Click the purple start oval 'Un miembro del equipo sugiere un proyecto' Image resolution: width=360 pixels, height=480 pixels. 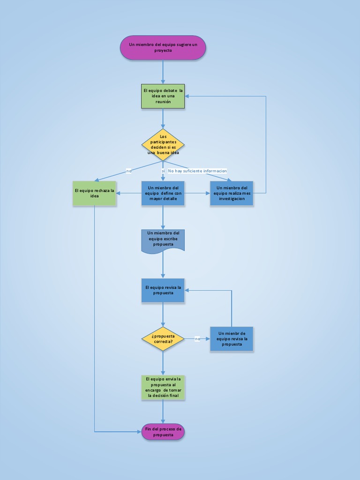163,47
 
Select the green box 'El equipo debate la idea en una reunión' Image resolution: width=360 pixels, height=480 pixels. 163,96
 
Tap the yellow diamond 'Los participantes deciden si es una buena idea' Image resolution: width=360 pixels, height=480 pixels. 163,145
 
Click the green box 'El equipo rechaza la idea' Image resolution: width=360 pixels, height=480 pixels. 94,193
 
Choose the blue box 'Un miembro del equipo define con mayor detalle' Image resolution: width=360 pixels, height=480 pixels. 163,193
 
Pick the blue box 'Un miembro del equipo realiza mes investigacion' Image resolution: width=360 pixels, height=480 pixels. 232,193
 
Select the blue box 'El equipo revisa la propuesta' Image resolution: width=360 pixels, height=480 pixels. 163,290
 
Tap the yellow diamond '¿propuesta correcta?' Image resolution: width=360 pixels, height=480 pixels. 163,339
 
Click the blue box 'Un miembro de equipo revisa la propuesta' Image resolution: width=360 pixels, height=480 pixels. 232,339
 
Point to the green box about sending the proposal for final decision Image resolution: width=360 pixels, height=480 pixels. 163,387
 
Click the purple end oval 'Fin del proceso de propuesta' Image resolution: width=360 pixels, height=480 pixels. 163,432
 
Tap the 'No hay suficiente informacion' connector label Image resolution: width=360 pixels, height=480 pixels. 197,171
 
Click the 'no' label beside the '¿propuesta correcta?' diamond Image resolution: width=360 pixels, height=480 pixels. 197,338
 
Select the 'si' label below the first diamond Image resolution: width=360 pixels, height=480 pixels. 163,171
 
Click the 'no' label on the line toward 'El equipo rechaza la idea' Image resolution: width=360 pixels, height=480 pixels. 129,171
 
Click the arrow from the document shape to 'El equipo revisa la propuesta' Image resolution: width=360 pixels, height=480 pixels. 163,266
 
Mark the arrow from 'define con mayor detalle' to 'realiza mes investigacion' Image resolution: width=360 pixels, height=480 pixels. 197,193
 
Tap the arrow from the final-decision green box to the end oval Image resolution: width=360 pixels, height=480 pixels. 163,412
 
